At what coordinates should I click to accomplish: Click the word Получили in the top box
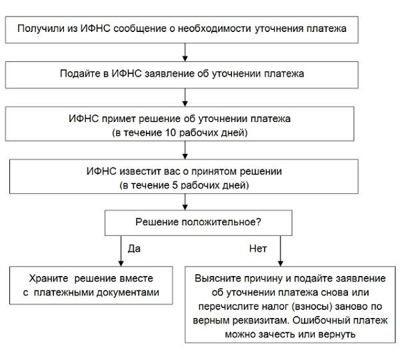tap(41, 29)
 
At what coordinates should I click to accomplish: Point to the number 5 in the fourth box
tap(175, 185)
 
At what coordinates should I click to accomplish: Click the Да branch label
tap(134, 249)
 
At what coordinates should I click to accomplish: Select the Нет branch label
tap(258, 249)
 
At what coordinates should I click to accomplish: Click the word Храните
tap(49, 279)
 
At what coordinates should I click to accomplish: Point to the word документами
tap(128, 293)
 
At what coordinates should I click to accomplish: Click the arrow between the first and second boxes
tap(185, 52)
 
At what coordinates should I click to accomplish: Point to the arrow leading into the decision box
tap(185, 202)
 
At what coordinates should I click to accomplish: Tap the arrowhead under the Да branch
tap(121, 264)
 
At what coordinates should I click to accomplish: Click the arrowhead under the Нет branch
tap(281, 264)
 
